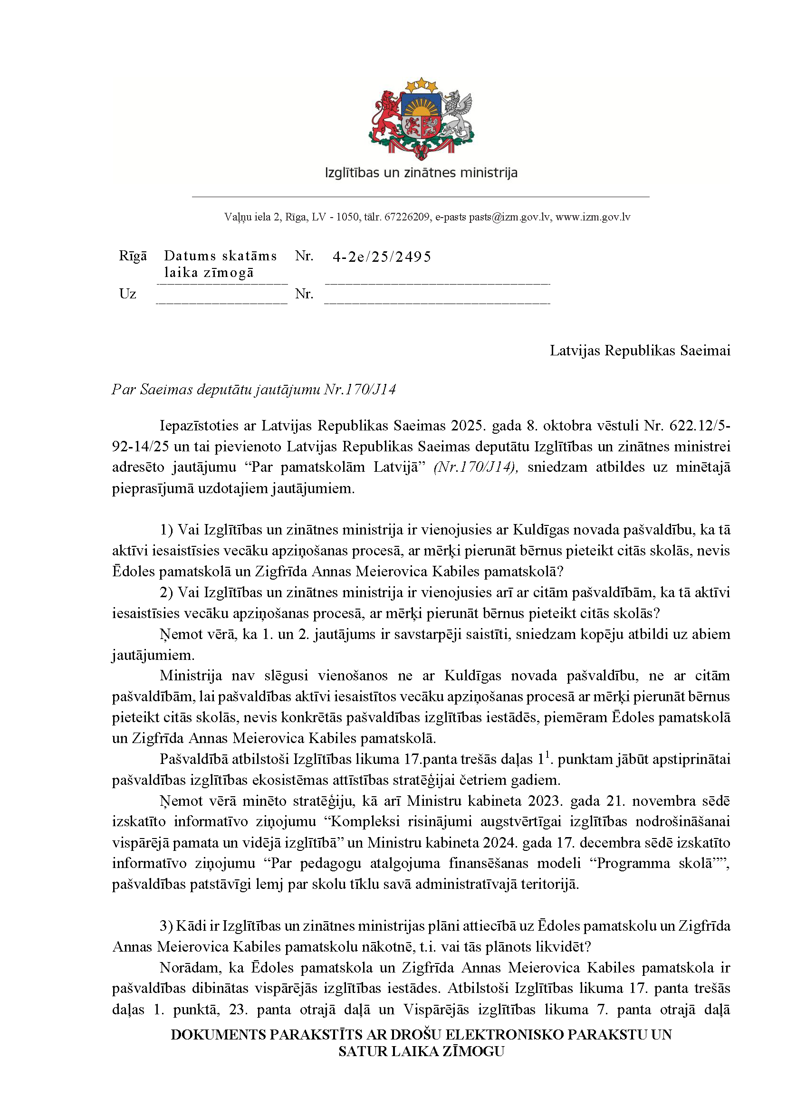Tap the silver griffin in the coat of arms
[x=456, y=115]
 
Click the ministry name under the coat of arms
[x=421, y=172]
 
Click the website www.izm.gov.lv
[x=593, y=217]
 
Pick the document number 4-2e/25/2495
[x=382, y=257]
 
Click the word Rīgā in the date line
[x=133, y=256]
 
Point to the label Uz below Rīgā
[x=127, y=294]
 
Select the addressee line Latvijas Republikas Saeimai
[x=639, y=351]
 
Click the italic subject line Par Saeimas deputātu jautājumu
[x=253, y=390]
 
